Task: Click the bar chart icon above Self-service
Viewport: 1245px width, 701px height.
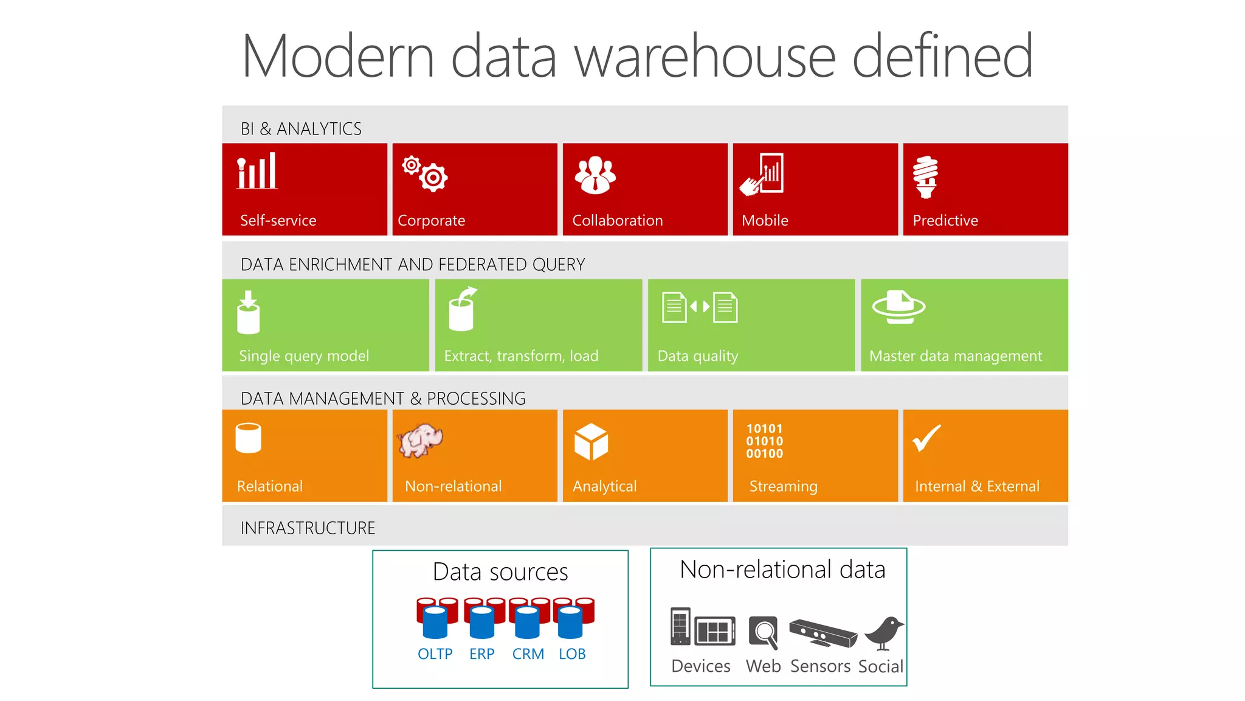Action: click(x=257, y=171)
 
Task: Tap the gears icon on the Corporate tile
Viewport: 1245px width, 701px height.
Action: click(x=425, y=174)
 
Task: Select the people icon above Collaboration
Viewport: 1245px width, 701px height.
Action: click(x=595, y=175)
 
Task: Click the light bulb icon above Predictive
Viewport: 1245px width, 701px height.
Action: click(x=925, y=177)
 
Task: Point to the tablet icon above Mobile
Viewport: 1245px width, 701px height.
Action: click(x=763, y=174)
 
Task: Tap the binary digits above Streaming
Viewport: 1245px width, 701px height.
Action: click(x=765, y=441)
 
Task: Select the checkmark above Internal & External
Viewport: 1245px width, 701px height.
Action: click(x=926, y=438)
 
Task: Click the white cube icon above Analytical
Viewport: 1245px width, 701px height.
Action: click(x=591, y=442)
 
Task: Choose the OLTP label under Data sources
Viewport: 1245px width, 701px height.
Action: click(x=435, y=654)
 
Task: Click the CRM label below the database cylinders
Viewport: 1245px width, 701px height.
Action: click(x=528, y=654)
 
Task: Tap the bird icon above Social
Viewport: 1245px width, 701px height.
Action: click(x=884, y=633)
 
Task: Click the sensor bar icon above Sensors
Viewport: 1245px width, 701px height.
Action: click(x=823, y=633)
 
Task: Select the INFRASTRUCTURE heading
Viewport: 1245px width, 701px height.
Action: click(x=308, y=528)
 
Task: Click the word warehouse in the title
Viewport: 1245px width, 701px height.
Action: click(x=705, y=57)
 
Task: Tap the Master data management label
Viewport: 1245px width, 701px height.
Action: click(x=956, y=356)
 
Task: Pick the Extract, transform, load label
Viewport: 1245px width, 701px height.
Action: click(x=521, y=356)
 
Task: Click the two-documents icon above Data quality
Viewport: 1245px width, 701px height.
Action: click(x=700, y=307)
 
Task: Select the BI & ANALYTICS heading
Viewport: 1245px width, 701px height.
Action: click(x=301, y=129)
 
